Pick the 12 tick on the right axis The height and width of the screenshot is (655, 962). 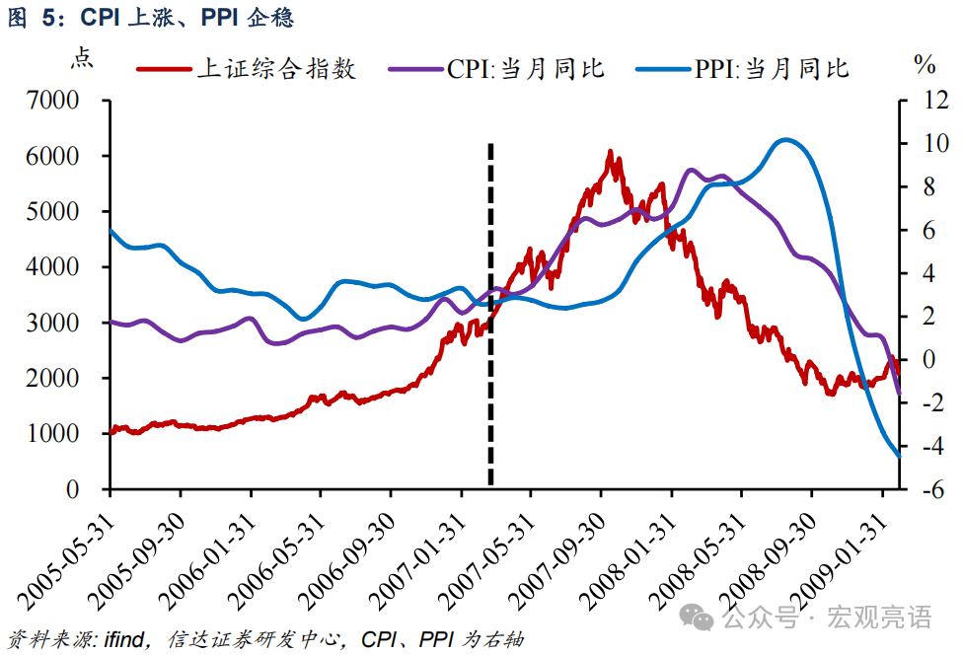[x=922, y=101]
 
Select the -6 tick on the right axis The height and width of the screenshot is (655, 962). [x=922, y=489]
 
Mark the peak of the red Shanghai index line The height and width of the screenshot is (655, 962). [x=610, y=152]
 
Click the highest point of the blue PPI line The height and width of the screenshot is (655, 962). [x=784, y=140]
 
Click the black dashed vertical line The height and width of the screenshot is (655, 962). [x=490, y=316]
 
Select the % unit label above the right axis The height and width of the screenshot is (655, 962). [x=925, y=65]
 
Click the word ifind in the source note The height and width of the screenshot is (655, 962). [x=125, y=640]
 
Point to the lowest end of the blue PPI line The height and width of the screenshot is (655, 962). [x=898, y=455]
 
